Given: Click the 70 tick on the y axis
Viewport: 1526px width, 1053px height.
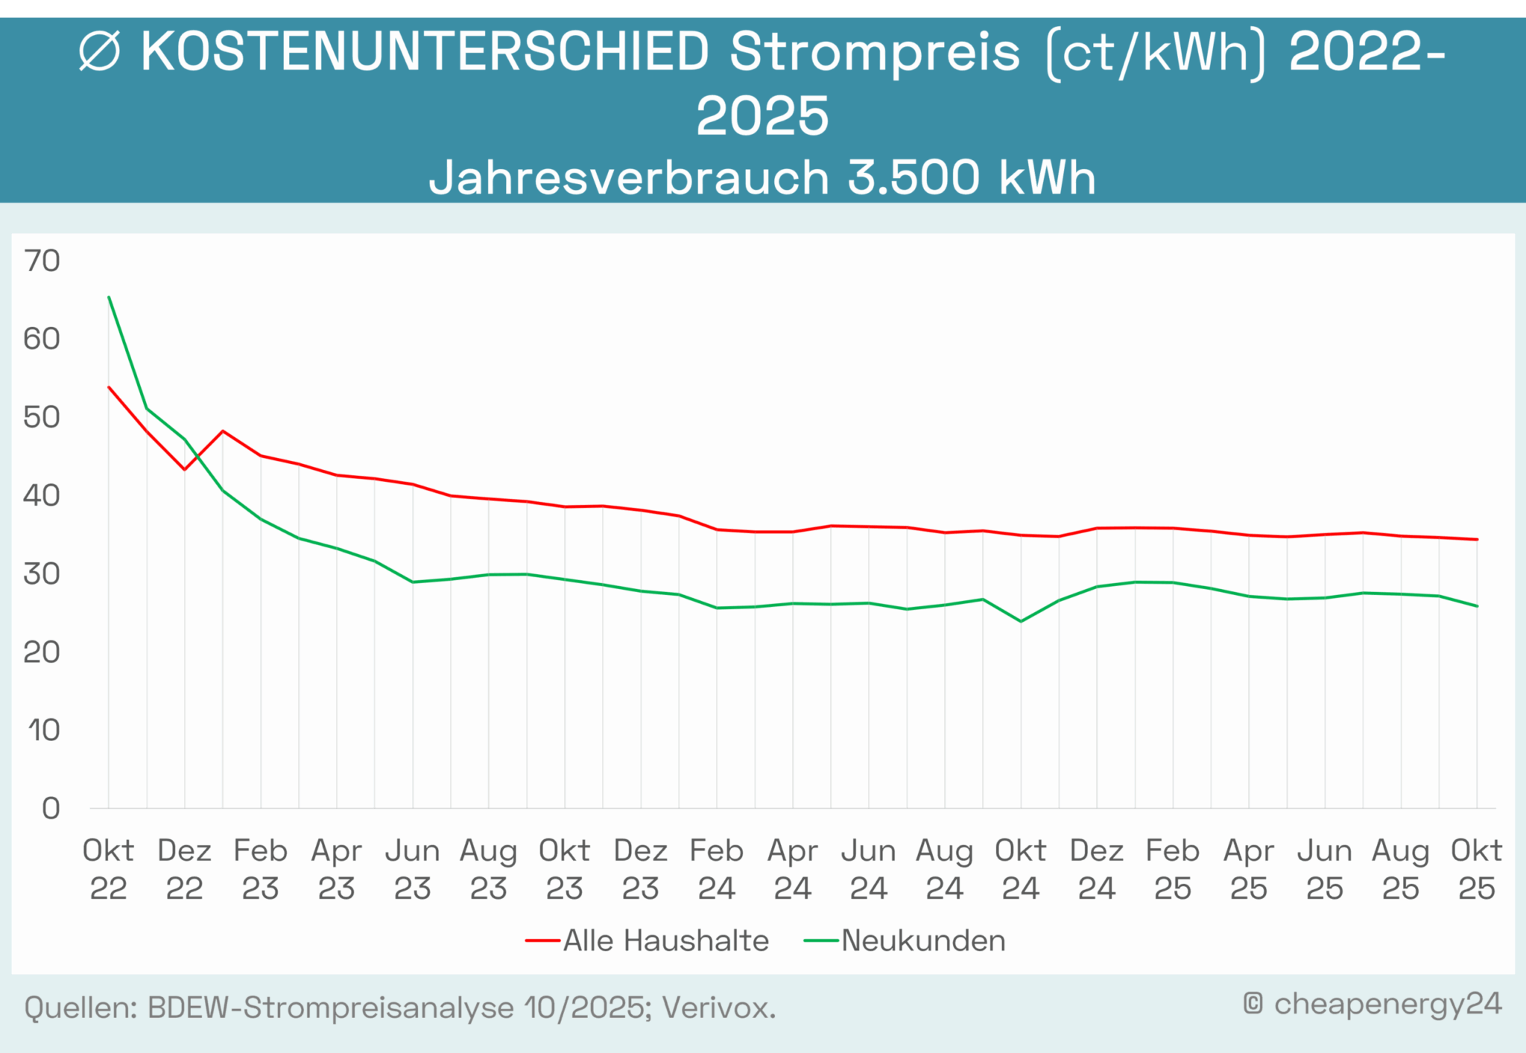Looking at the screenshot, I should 42,261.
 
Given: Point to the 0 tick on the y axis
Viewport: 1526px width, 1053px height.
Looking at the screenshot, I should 51,808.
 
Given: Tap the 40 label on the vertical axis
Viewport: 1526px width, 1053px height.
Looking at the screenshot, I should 42,496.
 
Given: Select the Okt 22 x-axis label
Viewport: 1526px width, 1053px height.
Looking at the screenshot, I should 108,869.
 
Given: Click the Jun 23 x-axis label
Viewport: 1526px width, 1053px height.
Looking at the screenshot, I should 412,869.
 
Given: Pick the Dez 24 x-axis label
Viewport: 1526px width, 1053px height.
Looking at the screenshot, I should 1096,869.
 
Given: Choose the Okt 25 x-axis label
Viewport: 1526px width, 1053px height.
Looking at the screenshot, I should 1476,869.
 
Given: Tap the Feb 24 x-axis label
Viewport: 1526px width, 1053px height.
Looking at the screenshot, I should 716,869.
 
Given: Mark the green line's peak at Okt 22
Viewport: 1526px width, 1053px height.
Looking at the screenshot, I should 109,297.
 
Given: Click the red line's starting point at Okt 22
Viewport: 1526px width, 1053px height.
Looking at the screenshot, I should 109,387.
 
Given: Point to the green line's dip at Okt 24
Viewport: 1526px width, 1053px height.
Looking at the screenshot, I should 1021,621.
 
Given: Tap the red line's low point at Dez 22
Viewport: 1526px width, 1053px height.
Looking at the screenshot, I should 185,469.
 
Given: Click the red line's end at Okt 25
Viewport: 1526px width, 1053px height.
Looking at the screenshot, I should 1477,539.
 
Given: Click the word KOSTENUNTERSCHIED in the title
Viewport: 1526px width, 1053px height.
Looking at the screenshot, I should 425,52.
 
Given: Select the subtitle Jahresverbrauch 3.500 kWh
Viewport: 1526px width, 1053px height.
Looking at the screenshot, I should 762,177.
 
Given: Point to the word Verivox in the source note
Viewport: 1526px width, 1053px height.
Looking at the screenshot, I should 718,1008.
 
